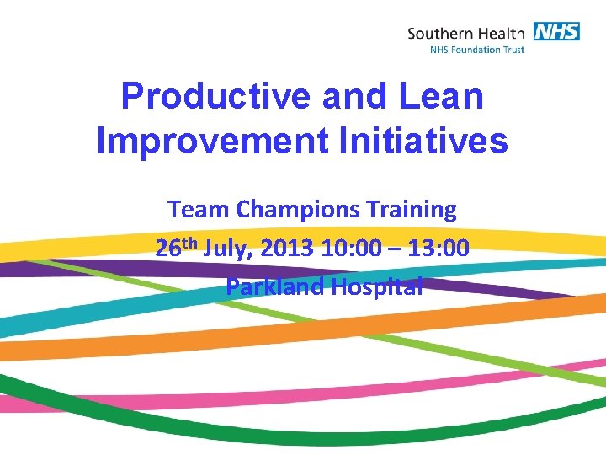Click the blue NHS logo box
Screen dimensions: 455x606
coord(555,31)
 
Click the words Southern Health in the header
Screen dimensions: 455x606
coord(465,34)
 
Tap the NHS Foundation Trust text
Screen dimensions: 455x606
coord(476,50)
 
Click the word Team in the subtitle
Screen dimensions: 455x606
coord(193,209)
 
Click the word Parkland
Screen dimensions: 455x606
coord(274,286)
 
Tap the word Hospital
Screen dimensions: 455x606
coord(376,286)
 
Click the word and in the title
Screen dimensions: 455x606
coord(357,96)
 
